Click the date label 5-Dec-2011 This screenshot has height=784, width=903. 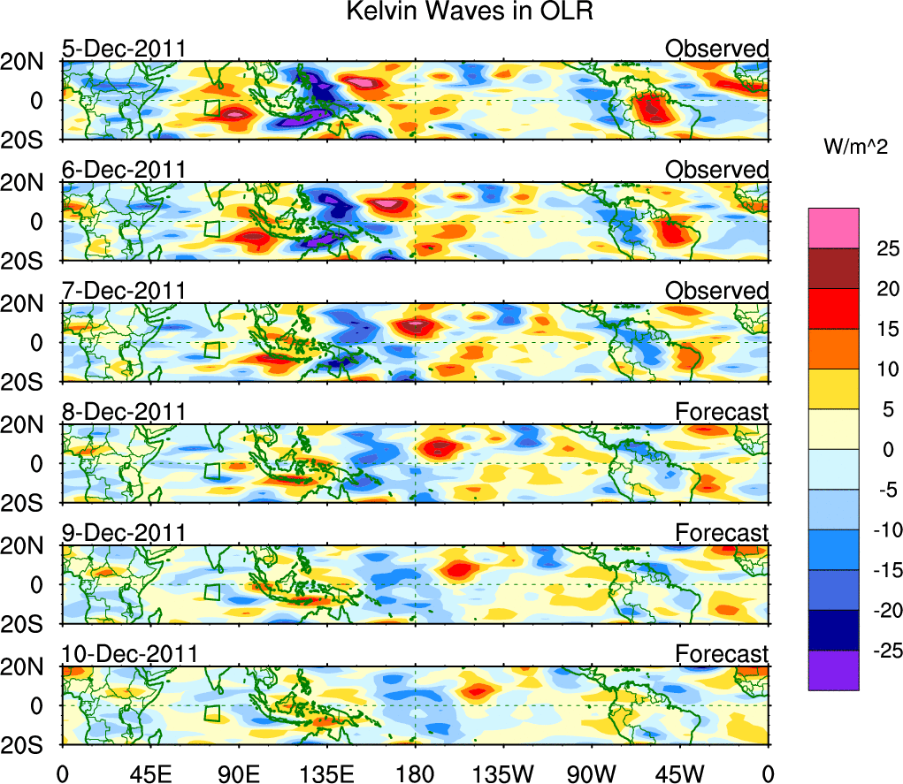tap(124, 49)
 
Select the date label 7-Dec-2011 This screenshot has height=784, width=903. tap(124, 291)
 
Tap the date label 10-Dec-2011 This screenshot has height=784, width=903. tap(129, 654)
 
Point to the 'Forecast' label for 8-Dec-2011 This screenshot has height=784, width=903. tap(722, 412)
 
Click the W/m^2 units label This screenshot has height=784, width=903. tap(855, 148)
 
